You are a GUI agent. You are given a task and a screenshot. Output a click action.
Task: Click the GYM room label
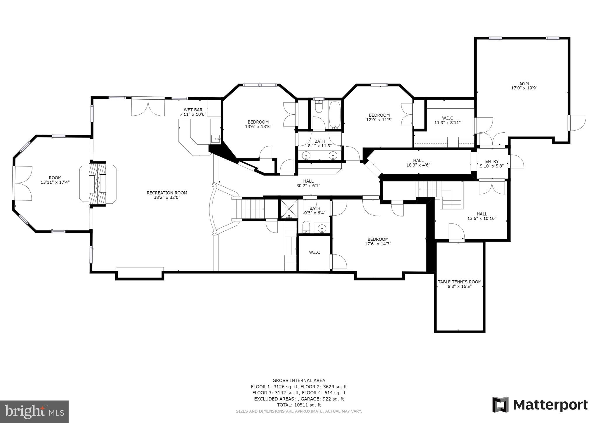(x=524, y=84)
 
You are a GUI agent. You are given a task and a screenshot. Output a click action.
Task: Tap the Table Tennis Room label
(x=460, y=282)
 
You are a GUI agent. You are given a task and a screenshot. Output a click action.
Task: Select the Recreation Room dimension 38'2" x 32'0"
(x=167, y=197)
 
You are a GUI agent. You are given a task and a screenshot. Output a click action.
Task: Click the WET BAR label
(x=193, y=110)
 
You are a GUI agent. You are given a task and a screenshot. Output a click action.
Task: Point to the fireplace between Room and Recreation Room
(x=98, y=184)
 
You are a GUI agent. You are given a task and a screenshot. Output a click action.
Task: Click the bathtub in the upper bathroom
(x=335, y=115)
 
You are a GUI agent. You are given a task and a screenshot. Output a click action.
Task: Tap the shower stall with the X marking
(x=289, y=209)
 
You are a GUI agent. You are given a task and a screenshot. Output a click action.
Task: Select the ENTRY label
(x=492, y=162)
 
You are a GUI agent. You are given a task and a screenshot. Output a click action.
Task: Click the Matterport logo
(x=540, y=405)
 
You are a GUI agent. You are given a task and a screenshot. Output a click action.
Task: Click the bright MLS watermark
(x=34, y=412)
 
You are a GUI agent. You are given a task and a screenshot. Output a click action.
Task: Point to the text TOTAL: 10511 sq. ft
(x=299, y=405)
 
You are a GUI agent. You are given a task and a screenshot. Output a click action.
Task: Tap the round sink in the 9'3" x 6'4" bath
(x=322, y=228)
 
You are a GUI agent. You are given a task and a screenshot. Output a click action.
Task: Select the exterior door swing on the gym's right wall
(x=578, y=123)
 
